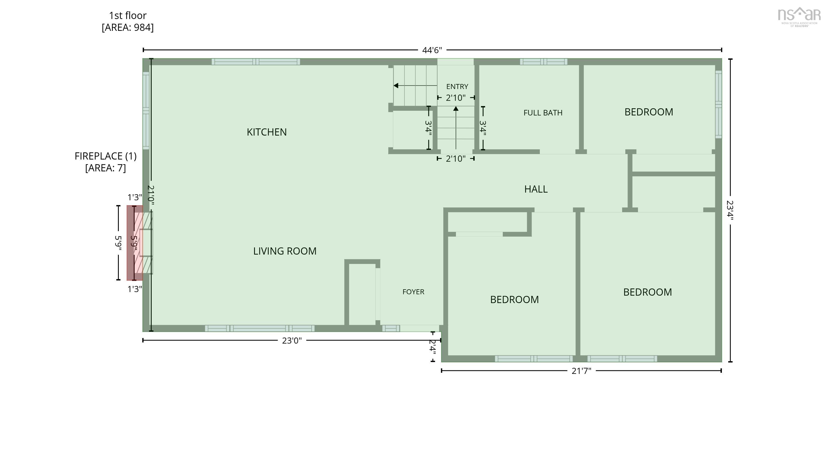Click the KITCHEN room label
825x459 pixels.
pyautogui.click(x=266, y=132)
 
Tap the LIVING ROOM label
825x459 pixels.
pyautogui.click(x=285, y=251)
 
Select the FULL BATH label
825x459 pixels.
pyautogui.click(x=543, y=113)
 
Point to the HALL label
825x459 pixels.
pyautogui.click(x=536, y=189)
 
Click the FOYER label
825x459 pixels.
pyautogui.click(x=413, y=292)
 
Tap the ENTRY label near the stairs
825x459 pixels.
pyautogui.click(x=457, y=87)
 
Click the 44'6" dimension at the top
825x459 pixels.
pyautogui.click(x=432, y=50)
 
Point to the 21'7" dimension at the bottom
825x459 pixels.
pyautogui.click(x=581, y=371)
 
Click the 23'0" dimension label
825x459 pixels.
pyautogui.click(x=292, y=341)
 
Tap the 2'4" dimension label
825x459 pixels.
pyautogui.click(x=432, y=347)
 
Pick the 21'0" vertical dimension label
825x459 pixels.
pyautogui.click(x=151, y=195)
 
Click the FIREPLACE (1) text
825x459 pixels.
pyautogui.click(x=105, y=156)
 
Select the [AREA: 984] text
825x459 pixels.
pyautogui.click(x=128, y=28)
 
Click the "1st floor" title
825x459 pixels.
pyautogui.click(x=128, y=15)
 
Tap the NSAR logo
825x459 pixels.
pyautogui.click(x=799, y=17)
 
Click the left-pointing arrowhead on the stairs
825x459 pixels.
pyautogui.click(x=396, y=86)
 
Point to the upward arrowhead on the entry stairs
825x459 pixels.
pyautogui.click(x=456, y=109)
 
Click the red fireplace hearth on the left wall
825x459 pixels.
pyautogui.click(x=135, y=243)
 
